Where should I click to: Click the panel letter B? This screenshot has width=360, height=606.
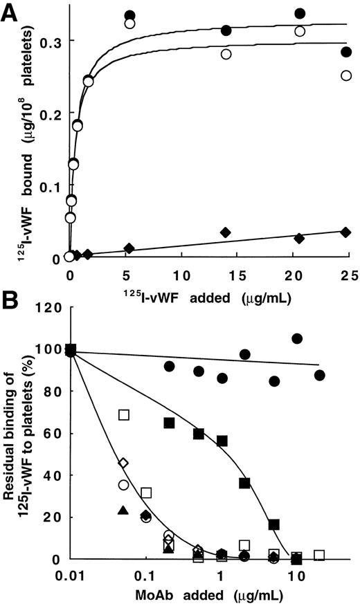pyautogui.click(x=10, y=304)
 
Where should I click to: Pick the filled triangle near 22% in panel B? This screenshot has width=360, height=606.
pyautogui.click(x=123, y=511)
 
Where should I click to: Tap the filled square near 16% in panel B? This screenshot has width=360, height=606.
pyautogui.click(x=274, y=524)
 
